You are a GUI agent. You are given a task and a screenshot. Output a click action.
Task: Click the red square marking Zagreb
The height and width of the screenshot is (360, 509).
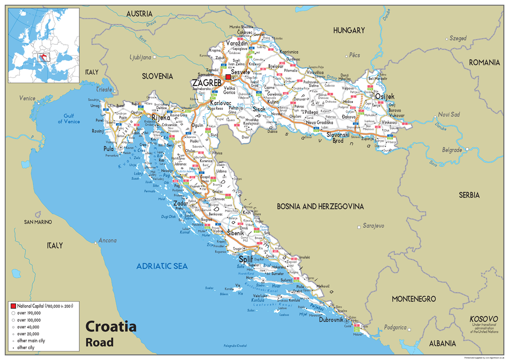coord(228,77)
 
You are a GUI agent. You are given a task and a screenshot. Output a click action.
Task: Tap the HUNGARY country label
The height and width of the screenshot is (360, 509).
coord(349,31)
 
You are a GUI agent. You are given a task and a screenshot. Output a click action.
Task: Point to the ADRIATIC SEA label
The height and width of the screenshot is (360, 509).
coord(162,266)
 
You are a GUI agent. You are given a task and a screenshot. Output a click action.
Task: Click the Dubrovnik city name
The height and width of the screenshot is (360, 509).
coord(330,320)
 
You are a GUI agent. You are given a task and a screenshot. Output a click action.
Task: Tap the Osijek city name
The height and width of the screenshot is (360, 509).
coord(385,96)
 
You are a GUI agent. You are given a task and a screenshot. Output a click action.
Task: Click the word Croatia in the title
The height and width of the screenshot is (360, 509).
coord(111,327)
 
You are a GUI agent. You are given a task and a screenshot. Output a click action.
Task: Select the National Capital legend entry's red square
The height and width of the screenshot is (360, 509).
coord(13,306)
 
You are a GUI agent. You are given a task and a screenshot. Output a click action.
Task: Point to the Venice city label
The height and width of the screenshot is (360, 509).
coord(27,98)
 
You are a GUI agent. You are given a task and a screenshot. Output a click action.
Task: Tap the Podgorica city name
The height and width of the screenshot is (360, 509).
coord(395,328)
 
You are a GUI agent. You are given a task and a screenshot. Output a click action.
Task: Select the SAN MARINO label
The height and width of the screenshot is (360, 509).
coord(38,222)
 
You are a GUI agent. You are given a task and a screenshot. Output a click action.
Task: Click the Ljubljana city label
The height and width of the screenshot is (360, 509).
coord(141,57)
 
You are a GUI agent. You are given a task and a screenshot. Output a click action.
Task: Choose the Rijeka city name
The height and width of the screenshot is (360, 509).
coord(161,117)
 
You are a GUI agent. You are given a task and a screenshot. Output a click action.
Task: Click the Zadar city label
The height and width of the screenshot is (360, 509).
coord(180,203)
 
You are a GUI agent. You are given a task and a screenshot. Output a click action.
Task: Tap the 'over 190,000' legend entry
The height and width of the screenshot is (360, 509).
coord(29,313)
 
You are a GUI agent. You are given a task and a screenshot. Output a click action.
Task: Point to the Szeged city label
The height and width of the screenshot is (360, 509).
coord(458,38)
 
